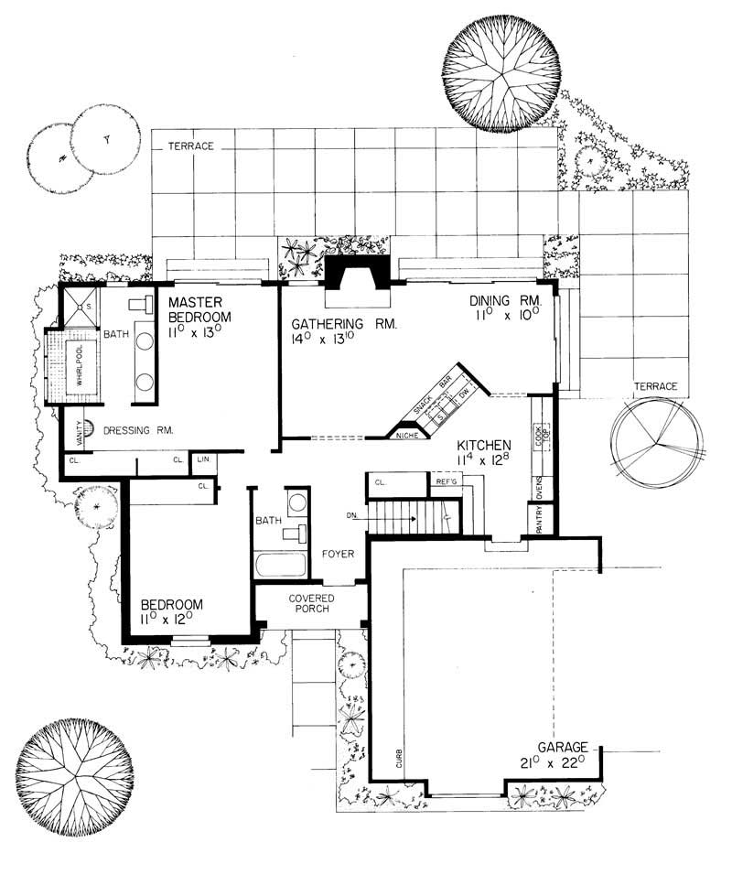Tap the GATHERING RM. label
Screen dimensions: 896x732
click(x=343, y=324)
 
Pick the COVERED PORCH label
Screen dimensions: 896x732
click(x=311, y=604)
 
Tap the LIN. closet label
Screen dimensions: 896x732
click(x=202, y=460)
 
